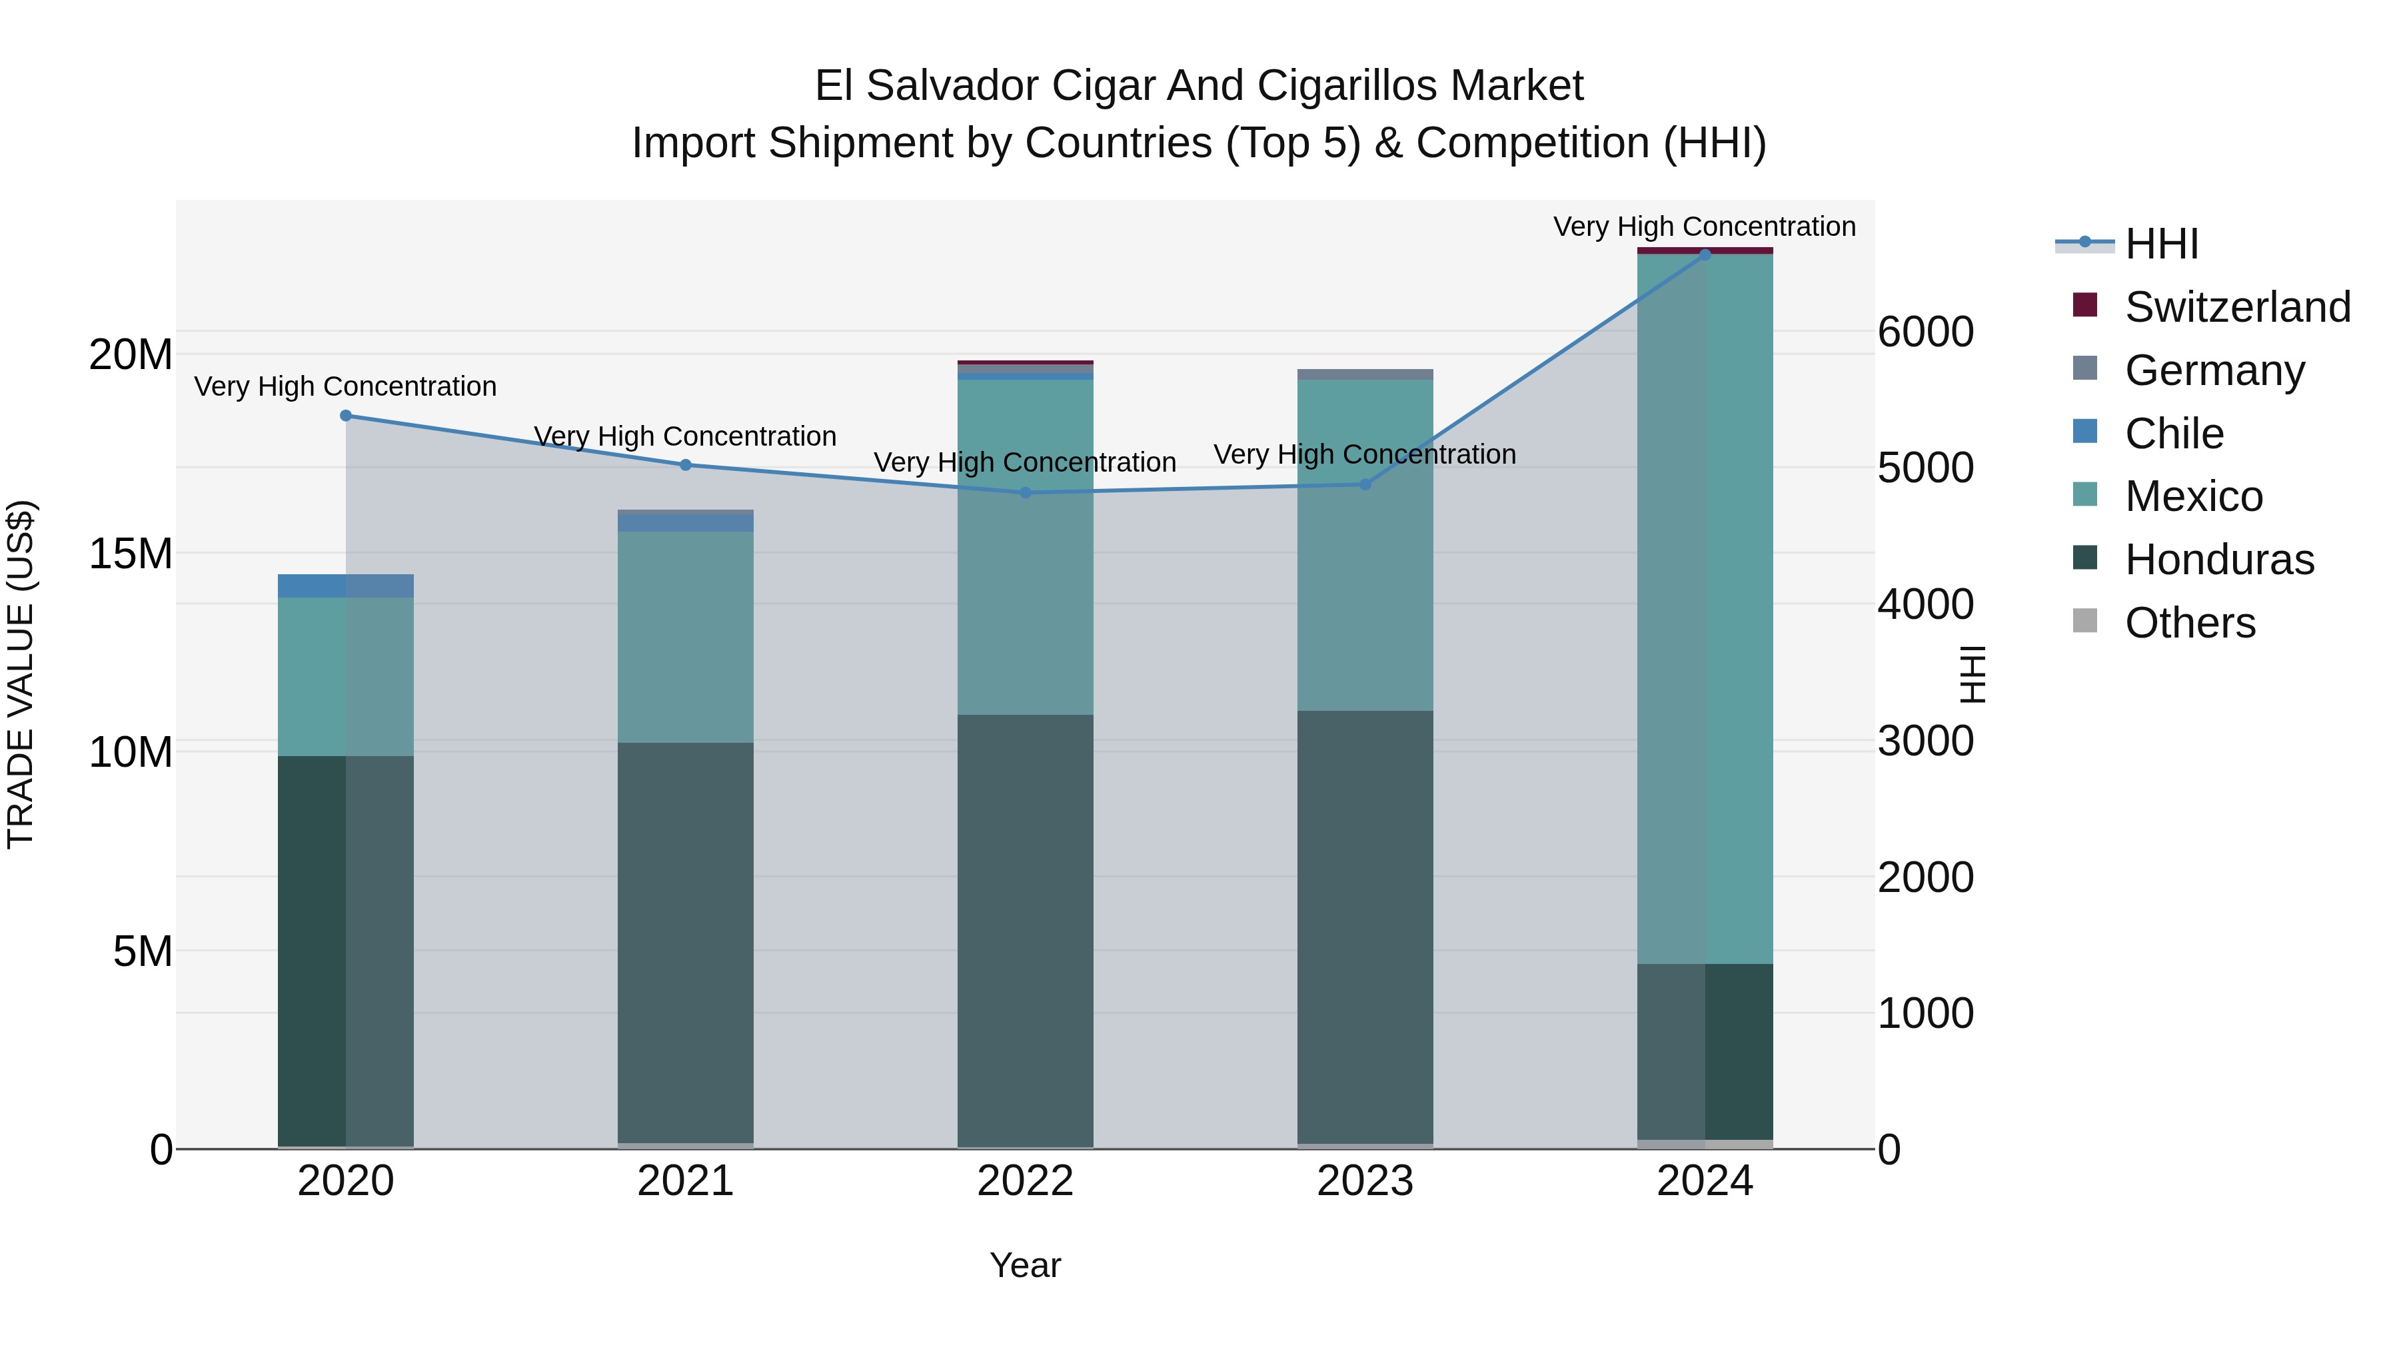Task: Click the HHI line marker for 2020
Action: pyautogui.click(x=345, y=415)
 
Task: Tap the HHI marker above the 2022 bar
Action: pyautogui.click(x=1026, y=492)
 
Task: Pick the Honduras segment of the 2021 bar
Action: pyautogui.click(x=686, y=940)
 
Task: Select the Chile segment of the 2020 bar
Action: pyautogui.click(x=345, y=586)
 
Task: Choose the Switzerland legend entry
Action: pyautogui.click(x=2237, y=306)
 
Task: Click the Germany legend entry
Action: pyautogui.click(x=2214, y=370)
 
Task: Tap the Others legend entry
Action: pyautogui.click(x=2190, y=622)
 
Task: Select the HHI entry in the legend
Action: pyautogui.click(x=2160, y=243)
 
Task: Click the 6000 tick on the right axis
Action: pyautogui.click(x=1925, y=332)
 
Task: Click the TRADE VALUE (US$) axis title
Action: pyautogui.click(x=21, y=674)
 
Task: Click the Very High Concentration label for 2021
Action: pyautogui.click(x=686, y=436)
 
